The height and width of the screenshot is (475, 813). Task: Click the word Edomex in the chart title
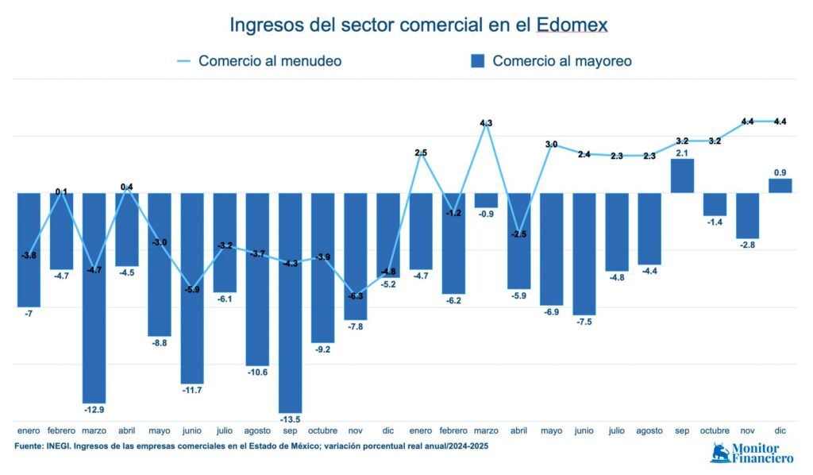point(572,25)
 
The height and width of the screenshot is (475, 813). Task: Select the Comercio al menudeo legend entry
point(260,61)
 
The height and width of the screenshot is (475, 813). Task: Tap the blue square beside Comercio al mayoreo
point(477,61)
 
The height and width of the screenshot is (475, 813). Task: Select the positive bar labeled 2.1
point(682,176)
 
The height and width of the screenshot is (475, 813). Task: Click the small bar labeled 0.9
point(780,186)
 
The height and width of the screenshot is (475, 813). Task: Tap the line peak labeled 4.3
point(487,126)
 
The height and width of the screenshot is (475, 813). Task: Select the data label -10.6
point(257,372)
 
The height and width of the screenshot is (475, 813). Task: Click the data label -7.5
point(584,322)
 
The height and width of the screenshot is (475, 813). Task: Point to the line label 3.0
point(551,145)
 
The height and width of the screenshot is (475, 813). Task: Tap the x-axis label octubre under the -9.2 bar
point(322,431)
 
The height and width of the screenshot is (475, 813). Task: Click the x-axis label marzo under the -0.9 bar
point(486,431)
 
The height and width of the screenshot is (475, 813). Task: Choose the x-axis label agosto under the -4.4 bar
point(649,431)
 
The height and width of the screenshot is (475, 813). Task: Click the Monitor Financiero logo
point(751,453)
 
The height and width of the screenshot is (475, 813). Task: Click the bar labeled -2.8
point(747,215)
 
